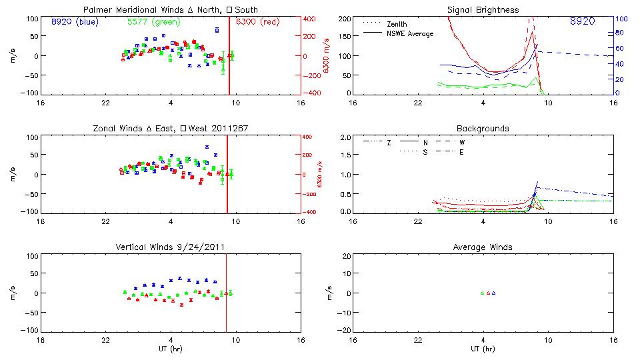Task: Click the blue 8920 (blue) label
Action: pyautogui.click(x=75, y=21)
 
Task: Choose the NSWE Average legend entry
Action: pyautogui.click(x=410, y=33)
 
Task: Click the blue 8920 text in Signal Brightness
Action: pyautogui.click(x=583, y=21)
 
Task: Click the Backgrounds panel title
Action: pyautogui.click(x=483, y=128)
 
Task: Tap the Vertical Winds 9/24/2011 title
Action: pyautogui.click(x=171, y=247)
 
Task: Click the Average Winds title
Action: pyautogui.click(x=483, y=247)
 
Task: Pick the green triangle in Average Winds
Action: pyautogui.click(x=483, y=293)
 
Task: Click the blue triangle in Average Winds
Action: pyautogui.click(x=493, y=293)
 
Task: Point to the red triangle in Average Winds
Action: pyautogui.click(x=488, y=293)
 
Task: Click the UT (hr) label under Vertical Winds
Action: pyautogui.click(x=171, y=348)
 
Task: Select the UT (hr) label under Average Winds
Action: pyautogui.click(x=483, y=348)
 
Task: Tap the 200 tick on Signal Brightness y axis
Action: pyautogui.click(x=345, y=19)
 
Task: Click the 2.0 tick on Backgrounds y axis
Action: pyautogui.click(x=346, y=137)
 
